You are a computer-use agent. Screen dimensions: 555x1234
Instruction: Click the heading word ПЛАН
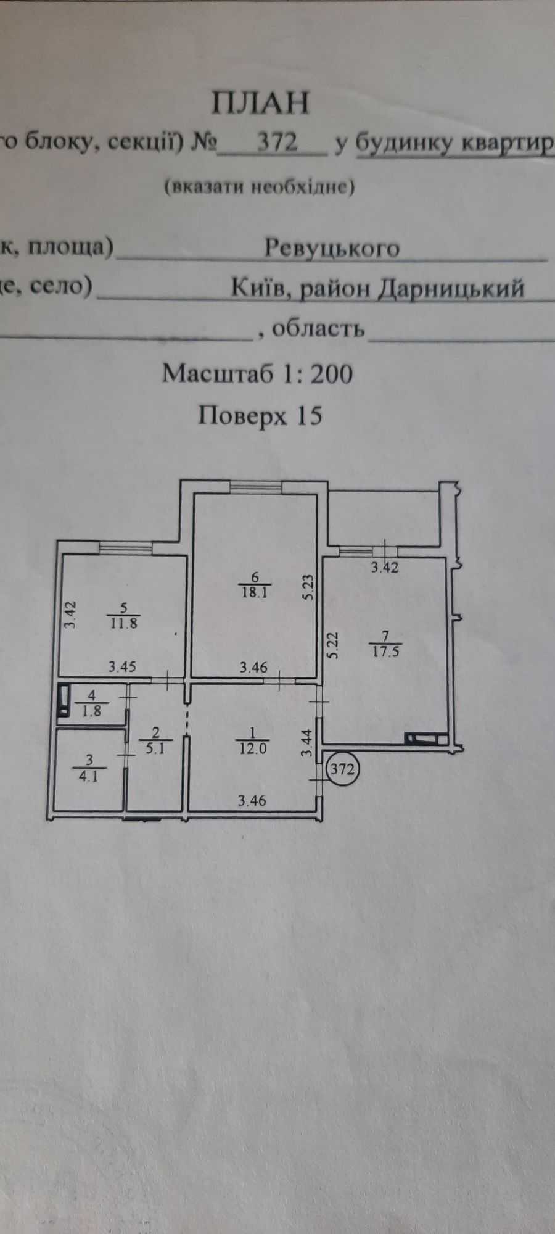pos(260,102)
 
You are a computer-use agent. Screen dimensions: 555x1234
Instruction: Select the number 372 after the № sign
pos(277,143)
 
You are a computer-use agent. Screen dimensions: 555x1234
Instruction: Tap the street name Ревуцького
pos(332,248)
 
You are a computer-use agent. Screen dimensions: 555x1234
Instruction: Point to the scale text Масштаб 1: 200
pos(257,373)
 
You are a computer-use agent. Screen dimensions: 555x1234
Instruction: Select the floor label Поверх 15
pos(260,416)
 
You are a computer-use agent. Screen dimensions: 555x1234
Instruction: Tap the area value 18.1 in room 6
pos(254,592)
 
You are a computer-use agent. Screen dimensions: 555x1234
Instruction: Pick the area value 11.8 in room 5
pos(125,623)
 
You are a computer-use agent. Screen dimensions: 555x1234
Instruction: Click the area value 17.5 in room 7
pos(386,651)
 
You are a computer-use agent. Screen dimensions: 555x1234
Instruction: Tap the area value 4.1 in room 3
pos(89,777)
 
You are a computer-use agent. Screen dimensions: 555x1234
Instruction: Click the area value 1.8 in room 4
pos(92,711)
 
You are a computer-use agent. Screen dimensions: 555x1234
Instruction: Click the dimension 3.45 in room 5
pos(122,667)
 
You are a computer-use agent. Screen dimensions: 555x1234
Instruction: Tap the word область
pos(318,328)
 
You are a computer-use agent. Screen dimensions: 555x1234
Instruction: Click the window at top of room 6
pos(257,487)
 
